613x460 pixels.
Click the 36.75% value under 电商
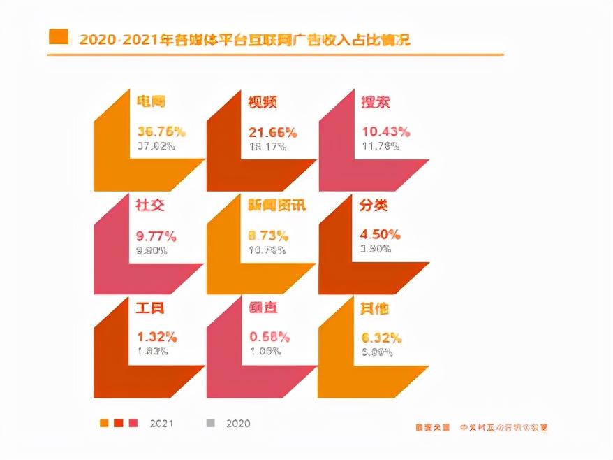(x=161, y=131)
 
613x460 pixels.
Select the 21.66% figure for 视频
(x=273, y=132)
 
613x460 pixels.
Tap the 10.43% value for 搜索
(x=385, y=131)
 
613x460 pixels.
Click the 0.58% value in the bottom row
(x=269, y=338)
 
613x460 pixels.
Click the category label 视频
(x=263, y=102)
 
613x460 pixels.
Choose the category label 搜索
(x=375, y=102)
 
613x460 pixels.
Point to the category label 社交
(x=150, y=206)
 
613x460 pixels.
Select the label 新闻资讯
(x=277, y=206)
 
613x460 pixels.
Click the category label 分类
(x=374, y=206)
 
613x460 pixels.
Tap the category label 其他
(x=374, y=308)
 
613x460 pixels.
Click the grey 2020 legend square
(x=210, y=423)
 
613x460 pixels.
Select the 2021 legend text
(x=161, y=424)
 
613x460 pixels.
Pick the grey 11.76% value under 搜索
(x=381, y=146)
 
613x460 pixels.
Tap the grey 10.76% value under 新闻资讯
(x=268, y=249)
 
